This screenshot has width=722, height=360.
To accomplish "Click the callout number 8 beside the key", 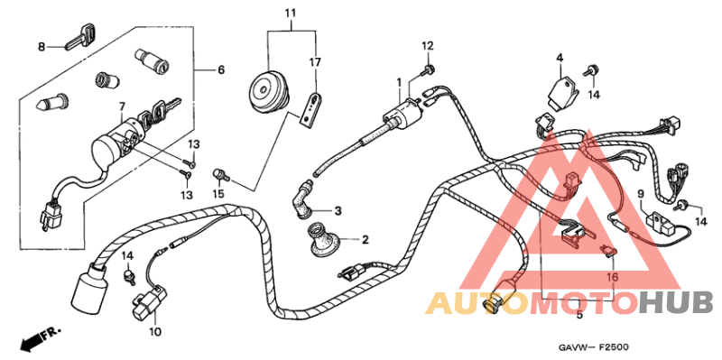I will tap(41, 46).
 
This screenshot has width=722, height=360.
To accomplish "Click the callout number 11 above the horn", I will tap(290, 13).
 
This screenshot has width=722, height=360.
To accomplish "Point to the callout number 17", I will tap(316, 62).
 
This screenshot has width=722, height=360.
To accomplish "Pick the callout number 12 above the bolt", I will tap(427, 45).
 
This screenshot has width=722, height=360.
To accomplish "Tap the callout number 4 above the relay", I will tap(560, 59).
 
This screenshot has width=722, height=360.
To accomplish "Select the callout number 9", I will tap(640, 194).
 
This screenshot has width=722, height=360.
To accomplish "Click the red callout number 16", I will tap(612, 278).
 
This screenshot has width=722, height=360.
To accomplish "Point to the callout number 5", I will tap(579, 317).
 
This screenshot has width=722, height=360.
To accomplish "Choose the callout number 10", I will tap(154, 332).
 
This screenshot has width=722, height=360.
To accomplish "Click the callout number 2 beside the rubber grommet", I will tap(366, 240).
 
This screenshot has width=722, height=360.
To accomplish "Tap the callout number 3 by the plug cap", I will tap(338, 211).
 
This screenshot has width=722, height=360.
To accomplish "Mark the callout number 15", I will tap(218, 193).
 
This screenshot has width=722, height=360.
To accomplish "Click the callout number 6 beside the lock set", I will tap(219, 69).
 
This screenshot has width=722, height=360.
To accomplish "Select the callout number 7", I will tap(123, 106).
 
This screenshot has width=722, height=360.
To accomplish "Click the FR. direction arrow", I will tap(38, 339).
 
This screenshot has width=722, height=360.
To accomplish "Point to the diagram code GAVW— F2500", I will tap(593, 346).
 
